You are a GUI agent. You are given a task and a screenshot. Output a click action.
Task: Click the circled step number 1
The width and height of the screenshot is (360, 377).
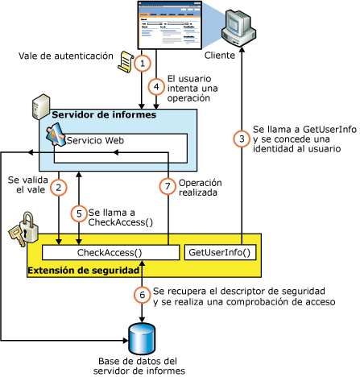point(143,62)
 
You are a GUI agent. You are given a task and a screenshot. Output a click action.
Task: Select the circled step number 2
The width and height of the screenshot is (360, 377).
point(59,188)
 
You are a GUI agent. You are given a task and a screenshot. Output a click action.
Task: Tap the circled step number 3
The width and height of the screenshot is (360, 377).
point(239,139)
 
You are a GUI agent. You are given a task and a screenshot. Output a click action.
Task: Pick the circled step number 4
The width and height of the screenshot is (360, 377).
point(155,86)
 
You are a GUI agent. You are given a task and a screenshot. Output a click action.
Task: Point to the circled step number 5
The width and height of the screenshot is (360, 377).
point(78,214)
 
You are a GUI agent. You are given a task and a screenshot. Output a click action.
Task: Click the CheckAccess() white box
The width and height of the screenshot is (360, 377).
point(110,252)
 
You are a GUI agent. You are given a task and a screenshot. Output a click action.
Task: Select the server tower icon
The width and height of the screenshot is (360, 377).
point(37,106)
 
